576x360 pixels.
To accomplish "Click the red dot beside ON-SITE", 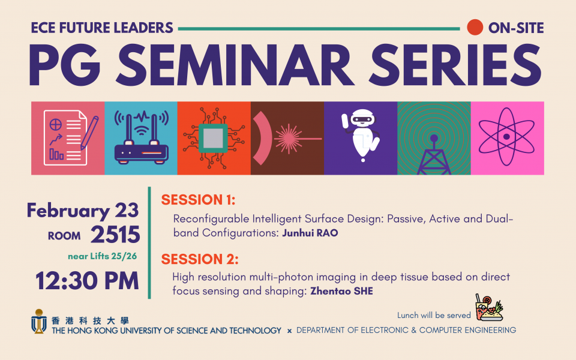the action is [475, 28].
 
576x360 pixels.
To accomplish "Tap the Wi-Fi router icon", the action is [142, 137].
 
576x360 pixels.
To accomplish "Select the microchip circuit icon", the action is [214, 138].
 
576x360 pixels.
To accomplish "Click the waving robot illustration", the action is [361, 135].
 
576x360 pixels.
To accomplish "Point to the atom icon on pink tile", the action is [506, 137].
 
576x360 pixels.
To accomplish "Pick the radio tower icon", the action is [434, 155].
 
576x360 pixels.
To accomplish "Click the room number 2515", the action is [115, 235].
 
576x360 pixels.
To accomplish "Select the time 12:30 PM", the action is [87, 281].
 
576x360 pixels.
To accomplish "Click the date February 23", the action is [83, 211].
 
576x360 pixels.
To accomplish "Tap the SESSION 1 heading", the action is [198, 200].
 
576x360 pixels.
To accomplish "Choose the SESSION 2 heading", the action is [200, 259].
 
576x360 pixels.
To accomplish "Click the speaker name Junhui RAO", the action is [310, 233].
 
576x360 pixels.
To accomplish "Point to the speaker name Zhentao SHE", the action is [341, 292].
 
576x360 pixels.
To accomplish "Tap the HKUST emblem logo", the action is [38, 322].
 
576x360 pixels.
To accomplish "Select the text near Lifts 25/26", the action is [102, 256].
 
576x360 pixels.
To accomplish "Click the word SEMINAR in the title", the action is [235, 65].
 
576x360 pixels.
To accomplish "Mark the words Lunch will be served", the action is [434, 315].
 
